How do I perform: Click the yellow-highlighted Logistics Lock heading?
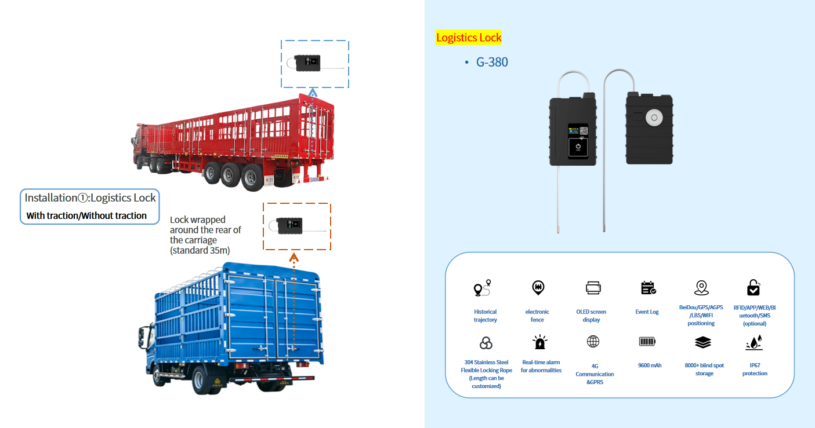tap(469, 38)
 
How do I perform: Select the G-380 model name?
tap(492, 62)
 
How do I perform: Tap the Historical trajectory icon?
tap(483, 288)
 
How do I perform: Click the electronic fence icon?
tap(538, 288)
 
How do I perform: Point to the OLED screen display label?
tap(591, 316)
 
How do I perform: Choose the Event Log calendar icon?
tap(649, 288)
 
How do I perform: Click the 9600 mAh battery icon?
tap(647, 342)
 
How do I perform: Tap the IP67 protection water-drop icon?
tap(754, 343)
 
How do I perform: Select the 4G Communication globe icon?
tap(593, 342)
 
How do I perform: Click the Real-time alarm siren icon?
tap(540, 342)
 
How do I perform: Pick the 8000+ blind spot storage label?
tap(704, 369)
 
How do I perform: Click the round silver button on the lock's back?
tap(654, 118)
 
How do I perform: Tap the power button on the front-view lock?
tap(578, 147)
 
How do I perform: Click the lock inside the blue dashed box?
tap(308, 63)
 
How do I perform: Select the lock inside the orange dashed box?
tap(289, 226)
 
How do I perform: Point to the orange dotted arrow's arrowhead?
tap(294, 258)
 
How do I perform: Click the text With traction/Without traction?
tap(86, 216)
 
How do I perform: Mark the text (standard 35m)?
tap(200, 251)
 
